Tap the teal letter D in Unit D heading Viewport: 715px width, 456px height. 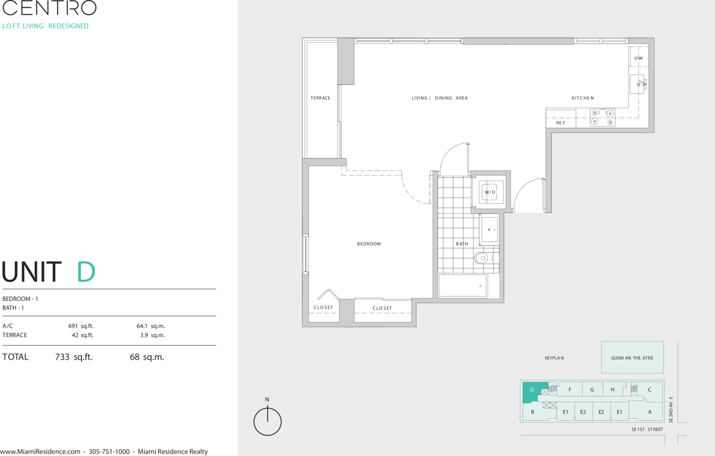pyautogui.click(x=86, y=272)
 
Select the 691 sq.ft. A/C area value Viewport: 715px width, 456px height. pyautogui.click(x=81, y=326)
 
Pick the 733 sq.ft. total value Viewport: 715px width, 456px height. pyautogui.click(x=74, y=357)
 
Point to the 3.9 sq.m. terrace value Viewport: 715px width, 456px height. pyautogui.click(x=152, y=335)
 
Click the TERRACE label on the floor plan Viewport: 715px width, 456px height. pyautogui.click(x=320, y=98)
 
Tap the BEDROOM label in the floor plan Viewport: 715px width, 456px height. pyautogui.click(x=369, y=244)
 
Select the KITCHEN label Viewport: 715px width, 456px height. pyautogui.click(x=582, y=98)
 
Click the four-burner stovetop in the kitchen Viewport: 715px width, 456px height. pyautogui.click(x=602, y=117)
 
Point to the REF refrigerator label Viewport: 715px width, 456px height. pyautogui.click(x=561, y=123)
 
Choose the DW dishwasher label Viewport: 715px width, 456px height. pyautogui.click(x=639, y=58)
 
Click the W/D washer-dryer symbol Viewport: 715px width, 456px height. pyautogui.click(x=490, y=192)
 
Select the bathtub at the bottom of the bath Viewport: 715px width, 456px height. pyautogui.click(x=463, y=285)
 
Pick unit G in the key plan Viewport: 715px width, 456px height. pyautogui.click(x=592, y=389)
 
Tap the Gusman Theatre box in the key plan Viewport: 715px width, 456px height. pyautogui.click(x=632, y=357)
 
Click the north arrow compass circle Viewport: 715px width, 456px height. pyautogui.click(x=267, y=422)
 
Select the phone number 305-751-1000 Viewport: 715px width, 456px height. pyautogui.click(x=109, y=452)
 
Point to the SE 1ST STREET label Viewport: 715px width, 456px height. pyautogui.click(x=647, y=429)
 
